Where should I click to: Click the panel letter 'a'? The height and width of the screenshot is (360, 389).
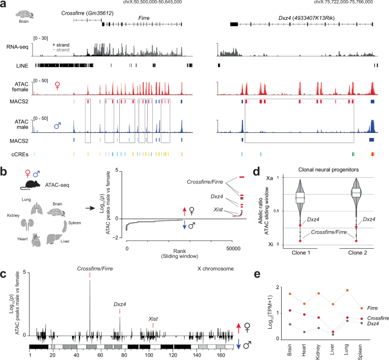5,5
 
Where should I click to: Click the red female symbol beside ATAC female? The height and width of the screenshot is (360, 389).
57,86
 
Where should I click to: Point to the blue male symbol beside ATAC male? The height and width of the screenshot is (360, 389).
57,124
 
